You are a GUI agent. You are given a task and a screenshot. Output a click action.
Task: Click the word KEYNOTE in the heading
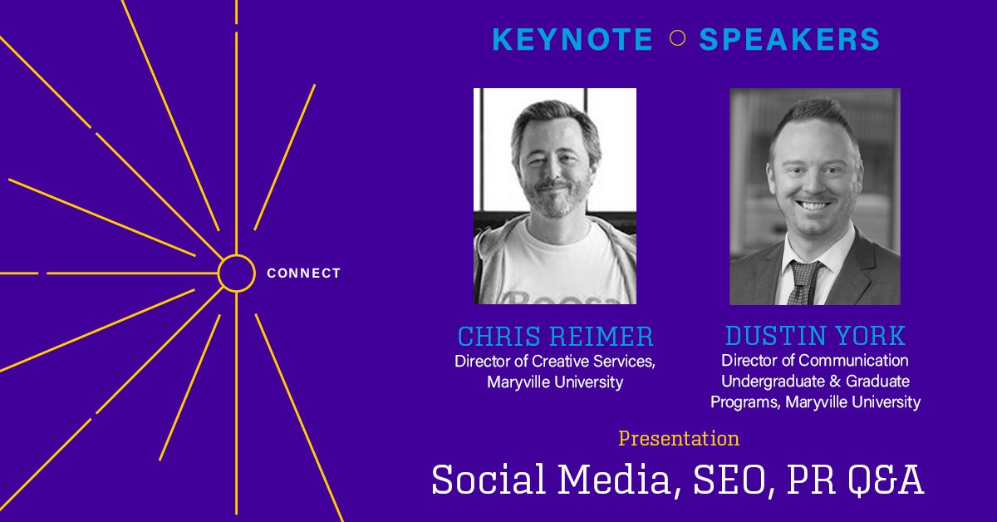point(572,40)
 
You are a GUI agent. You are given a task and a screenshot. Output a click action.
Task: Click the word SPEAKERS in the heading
point(788,40)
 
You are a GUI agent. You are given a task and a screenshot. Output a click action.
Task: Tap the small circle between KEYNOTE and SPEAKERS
point(677,38)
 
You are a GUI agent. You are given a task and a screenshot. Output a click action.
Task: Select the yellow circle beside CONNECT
point(236,273)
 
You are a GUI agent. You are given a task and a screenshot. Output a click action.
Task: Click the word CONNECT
point(303,273)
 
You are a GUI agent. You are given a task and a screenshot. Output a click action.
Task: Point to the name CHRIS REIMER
point(555,337)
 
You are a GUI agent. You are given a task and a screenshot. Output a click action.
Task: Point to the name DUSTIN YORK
point(815,336)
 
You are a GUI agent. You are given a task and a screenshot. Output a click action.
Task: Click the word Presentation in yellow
point(679,438)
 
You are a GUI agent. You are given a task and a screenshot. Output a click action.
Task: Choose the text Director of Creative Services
point(555,362)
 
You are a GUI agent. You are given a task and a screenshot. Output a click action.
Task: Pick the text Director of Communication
point(815,361)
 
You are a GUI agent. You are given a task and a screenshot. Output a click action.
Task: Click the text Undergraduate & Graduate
point(815,382)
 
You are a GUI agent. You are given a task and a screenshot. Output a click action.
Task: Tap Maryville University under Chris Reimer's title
point(555,382)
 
